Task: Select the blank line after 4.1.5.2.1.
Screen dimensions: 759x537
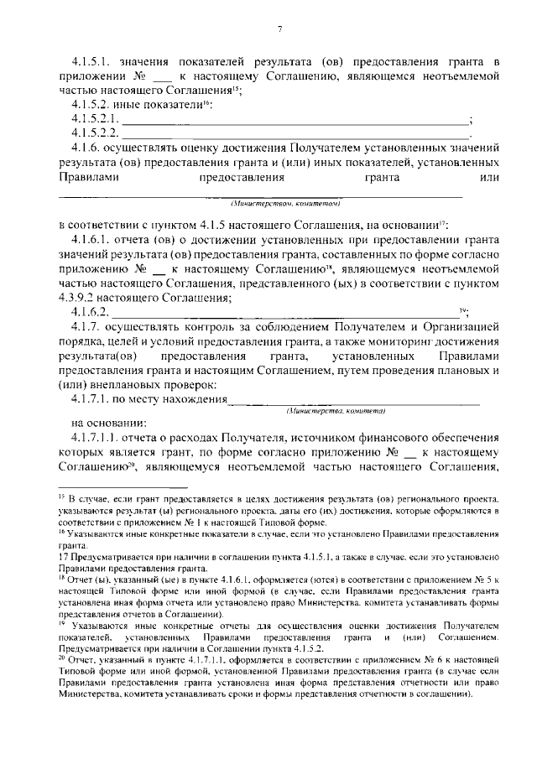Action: (x=296, y=119)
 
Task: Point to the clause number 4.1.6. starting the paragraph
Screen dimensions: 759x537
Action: (x=86, y=148)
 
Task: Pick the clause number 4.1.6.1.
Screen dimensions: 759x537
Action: (x=90, y=242)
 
